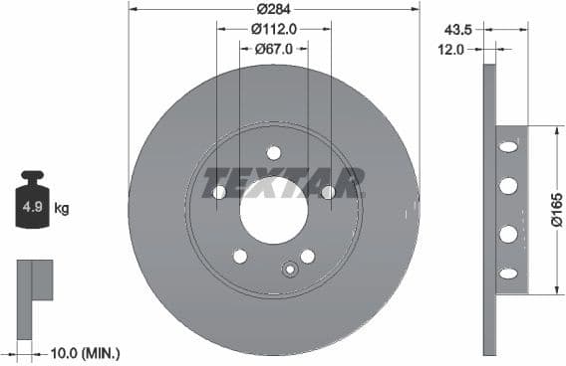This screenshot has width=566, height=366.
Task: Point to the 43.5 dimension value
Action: click(459, 29)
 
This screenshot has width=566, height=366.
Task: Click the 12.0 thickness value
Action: click(452, 48)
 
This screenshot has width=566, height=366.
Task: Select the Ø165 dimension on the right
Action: click(555, 210)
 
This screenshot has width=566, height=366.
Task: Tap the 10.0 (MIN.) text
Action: click(86, 352)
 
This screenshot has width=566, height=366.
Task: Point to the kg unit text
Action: click(61, 209)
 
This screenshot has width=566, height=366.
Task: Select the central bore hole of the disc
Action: click(273, 210)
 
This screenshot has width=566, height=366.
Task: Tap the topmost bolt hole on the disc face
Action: click(273, 153)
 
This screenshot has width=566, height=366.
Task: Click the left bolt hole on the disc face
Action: click(219, 192)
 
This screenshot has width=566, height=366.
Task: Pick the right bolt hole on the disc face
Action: click(327, 192)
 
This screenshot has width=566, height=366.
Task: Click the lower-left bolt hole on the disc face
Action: click(240, 256)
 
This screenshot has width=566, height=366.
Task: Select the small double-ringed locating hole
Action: click(290, 268)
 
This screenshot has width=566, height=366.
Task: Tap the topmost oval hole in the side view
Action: click(508, 147)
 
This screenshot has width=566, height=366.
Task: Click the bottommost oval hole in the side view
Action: click(508, 273)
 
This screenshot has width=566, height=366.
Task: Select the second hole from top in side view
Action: click(508, 186)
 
